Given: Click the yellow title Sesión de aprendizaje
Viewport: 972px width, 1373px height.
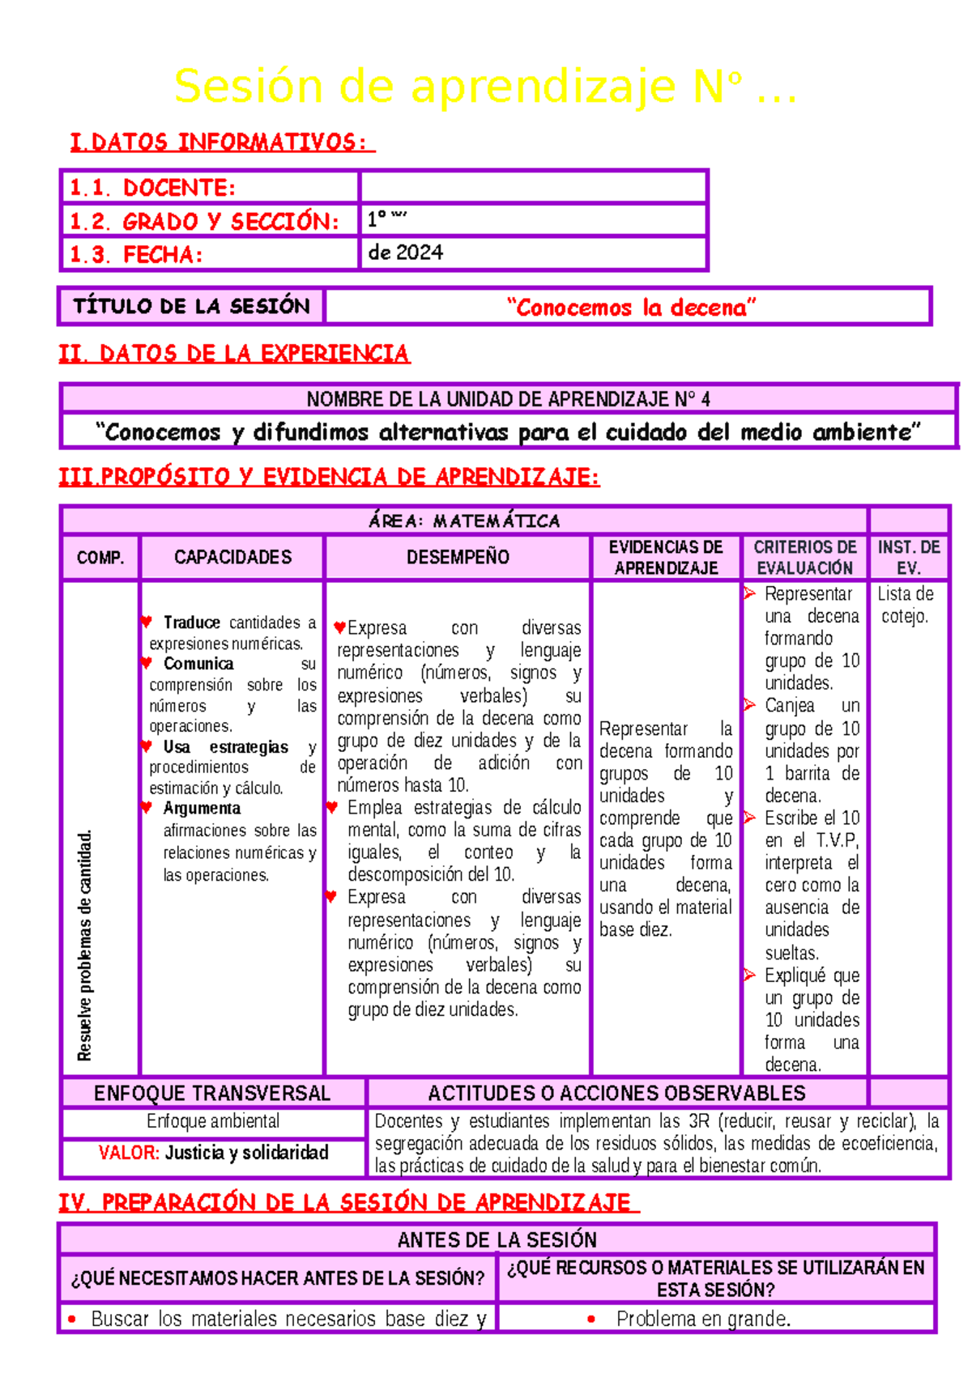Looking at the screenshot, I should pos(484,86).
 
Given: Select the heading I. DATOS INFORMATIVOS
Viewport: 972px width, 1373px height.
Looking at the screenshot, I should pos(221,142).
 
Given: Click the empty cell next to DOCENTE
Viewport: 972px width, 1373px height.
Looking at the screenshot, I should pos(533,187).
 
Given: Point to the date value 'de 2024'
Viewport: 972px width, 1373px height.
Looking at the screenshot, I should pos(406,253).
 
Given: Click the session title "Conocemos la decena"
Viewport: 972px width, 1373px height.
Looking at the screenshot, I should pos(630,308).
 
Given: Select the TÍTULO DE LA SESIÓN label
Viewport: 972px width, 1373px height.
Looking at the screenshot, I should pos(191,306).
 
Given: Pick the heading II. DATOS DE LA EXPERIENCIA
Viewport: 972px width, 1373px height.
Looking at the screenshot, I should pos(234,354).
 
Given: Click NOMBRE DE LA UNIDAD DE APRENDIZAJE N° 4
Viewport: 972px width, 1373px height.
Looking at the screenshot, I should pos(508,399).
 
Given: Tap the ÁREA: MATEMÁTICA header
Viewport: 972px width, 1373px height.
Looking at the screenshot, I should pos(464,521).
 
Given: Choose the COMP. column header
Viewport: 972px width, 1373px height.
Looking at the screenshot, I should pos(100,558).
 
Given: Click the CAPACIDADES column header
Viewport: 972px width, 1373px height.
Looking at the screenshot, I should pos(232,557).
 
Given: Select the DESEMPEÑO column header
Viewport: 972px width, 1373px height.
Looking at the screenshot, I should pos(458,557).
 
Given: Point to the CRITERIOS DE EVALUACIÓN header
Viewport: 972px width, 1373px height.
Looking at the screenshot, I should pos(804,557).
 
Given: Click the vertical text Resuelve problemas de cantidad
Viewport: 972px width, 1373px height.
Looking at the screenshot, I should pos(85,945).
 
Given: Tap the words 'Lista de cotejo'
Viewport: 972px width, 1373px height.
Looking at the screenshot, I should pos(906,605).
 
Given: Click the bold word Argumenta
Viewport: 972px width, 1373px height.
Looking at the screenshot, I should pos(202,808).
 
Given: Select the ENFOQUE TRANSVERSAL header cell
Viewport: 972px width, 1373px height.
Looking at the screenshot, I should pos(212,1093).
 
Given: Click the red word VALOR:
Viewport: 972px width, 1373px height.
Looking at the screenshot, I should pos(129,1152).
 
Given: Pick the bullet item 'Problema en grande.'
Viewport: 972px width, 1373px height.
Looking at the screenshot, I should pos(703,1319).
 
